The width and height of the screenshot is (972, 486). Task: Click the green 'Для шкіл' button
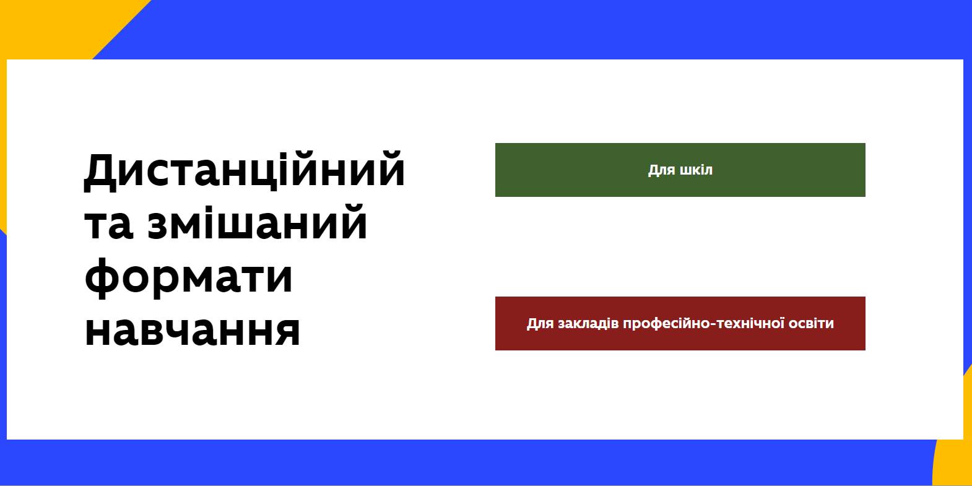(680, 170)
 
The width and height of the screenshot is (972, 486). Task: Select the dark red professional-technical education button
(680, 323)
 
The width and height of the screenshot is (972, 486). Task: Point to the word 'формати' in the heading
(188, 278)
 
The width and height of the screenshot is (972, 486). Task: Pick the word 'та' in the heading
(108, 225)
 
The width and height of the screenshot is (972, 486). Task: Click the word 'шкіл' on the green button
(696, 170)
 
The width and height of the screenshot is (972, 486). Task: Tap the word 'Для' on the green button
(661, 170)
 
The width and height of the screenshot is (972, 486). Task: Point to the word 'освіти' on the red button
(814, 323)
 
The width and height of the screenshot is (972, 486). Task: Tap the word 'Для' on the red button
(540, 324)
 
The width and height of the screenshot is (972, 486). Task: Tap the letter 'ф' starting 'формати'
(101, 279)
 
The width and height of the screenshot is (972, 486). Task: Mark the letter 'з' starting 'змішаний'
(160, 225)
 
